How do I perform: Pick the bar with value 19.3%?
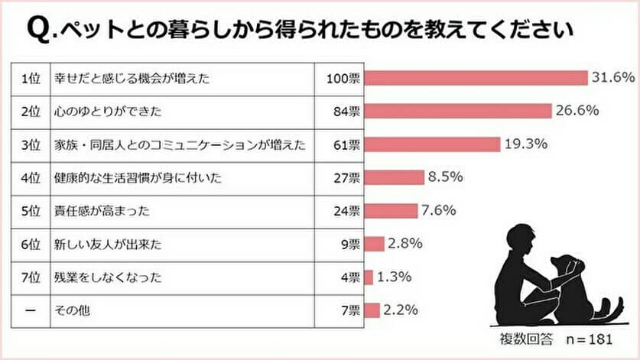(x=433, y=144)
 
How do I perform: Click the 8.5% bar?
(x=395, y=177)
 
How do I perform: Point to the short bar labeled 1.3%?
(x=369, y=277)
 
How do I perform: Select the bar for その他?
(x=372, y=310)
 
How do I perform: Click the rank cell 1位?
(x=30, y=78)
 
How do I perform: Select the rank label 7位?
(x=30, y=277)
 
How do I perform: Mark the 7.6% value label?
(x=440, y=210)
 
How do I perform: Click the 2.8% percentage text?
(x=405, y=244)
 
